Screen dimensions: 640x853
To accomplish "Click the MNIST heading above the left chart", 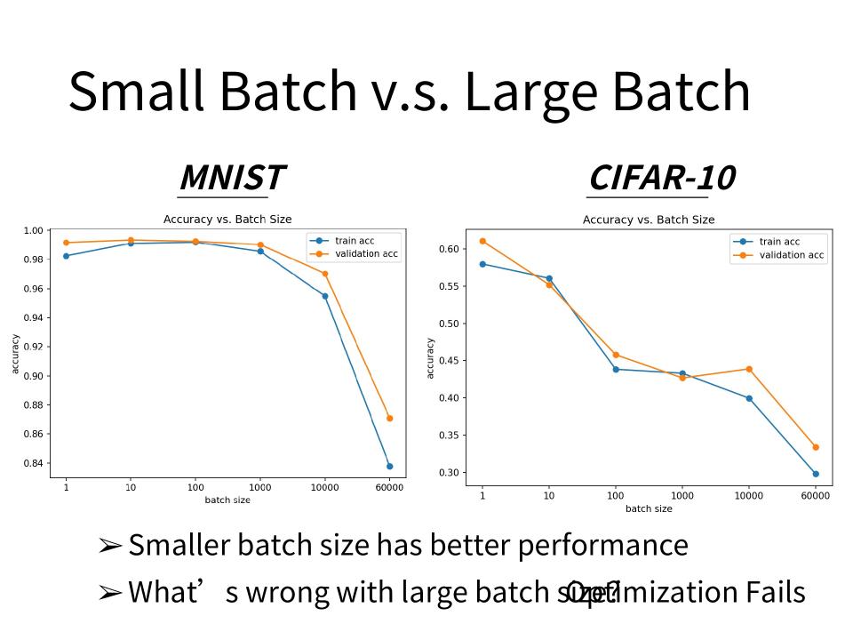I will [x=232, y=178].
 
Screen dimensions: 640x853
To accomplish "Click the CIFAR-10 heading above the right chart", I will [x=661, y=178].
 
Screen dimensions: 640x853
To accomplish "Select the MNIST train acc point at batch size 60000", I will [x=389, y=466].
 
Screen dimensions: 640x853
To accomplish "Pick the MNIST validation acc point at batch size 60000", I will [x=389, y=418].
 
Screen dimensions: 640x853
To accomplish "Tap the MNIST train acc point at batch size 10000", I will [x=325, y=296].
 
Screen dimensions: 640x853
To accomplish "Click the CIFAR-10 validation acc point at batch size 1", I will [x=482, y=241].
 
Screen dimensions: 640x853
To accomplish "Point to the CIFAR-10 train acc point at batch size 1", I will [x=482, y=264].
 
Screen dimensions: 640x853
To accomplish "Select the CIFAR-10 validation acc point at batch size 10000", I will [x=749, y=369].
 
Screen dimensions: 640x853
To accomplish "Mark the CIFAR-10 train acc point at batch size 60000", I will [x=816, y=474].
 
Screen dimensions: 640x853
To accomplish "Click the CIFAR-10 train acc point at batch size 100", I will [x=616, y=369].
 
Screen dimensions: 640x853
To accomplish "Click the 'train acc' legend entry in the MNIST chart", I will [x=353, y=241].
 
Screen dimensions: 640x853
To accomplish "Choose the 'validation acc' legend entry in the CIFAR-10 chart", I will [x=791, y=255].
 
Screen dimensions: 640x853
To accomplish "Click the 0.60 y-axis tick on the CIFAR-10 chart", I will [x=448, y=249].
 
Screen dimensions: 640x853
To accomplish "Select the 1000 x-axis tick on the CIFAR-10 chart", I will [x=682, y=496].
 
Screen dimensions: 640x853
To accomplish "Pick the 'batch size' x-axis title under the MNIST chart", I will [x=227, y=500].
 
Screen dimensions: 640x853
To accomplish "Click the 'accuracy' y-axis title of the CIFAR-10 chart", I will [x=431, y=357].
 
